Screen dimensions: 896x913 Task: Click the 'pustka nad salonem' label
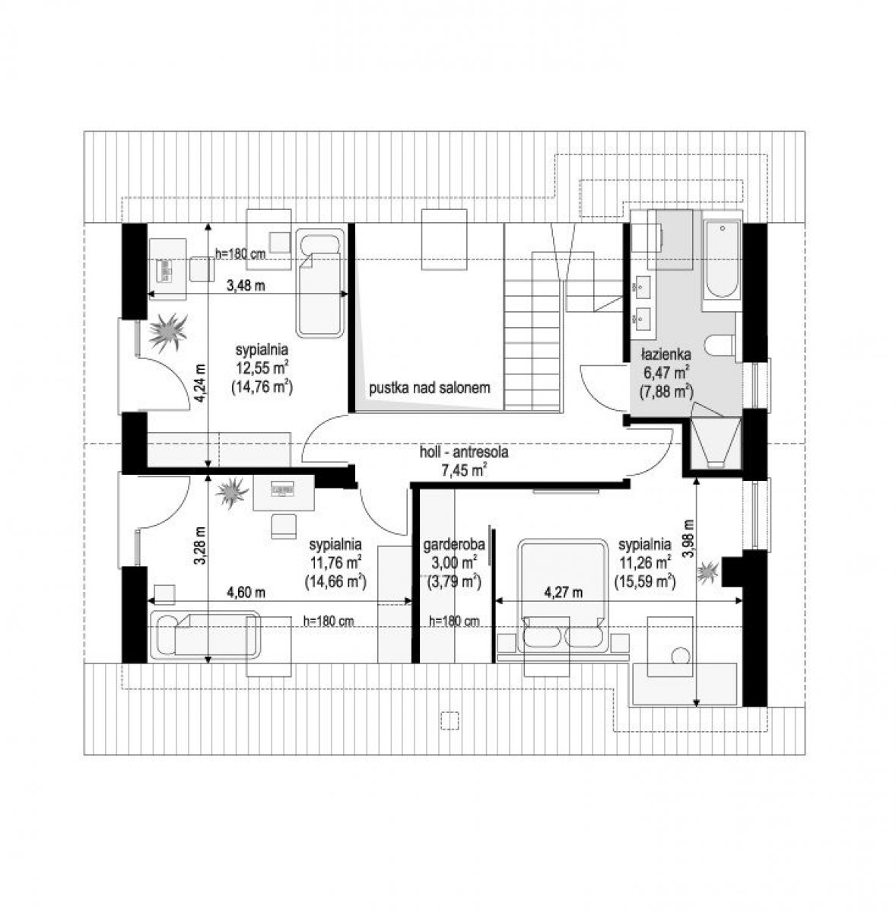(429, 388)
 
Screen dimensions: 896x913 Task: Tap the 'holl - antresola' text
(464, 452)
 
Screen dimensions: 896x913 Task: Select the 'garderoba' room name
(454, 545)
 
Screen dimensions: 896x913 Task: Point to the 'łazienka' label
(666, 354)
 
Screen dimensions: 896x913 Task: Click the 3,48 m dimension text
(246, 286)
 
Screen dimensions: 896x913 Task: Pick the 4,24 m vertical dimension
(201, 383)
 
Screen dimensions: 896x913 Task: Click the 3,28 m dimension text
(201, 546)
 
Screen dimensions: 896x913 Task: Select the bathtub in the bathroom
(722, 259)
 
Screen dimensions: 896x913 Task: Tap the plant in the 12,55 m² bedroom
(168, 332)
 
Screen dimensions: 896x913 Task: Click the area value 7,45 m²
(464, 470)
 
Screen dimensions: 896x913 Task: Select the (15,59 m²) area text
(644, 581)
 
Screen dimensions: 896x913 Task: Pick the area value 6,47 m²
(666, 372)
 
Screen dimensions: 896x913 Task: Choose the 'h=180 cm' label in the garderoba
(454, 621)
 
